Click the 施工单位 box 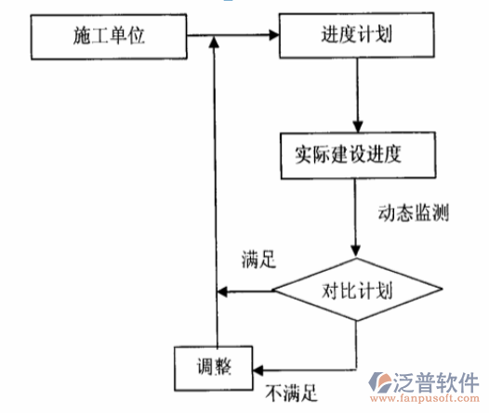tap(109, 37)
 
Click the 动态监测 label tap(414, 213)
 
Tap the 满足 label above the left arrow tap(258, 261)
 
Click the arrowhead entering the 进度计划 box tap(275, 37)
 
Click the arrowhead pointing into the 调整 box tap(258, 367)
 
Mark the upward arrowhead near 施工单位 tap(214, 41)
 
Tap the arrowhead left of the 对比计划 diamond tap(221, 293)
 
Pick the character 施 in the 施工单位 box tap(82, 37)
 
